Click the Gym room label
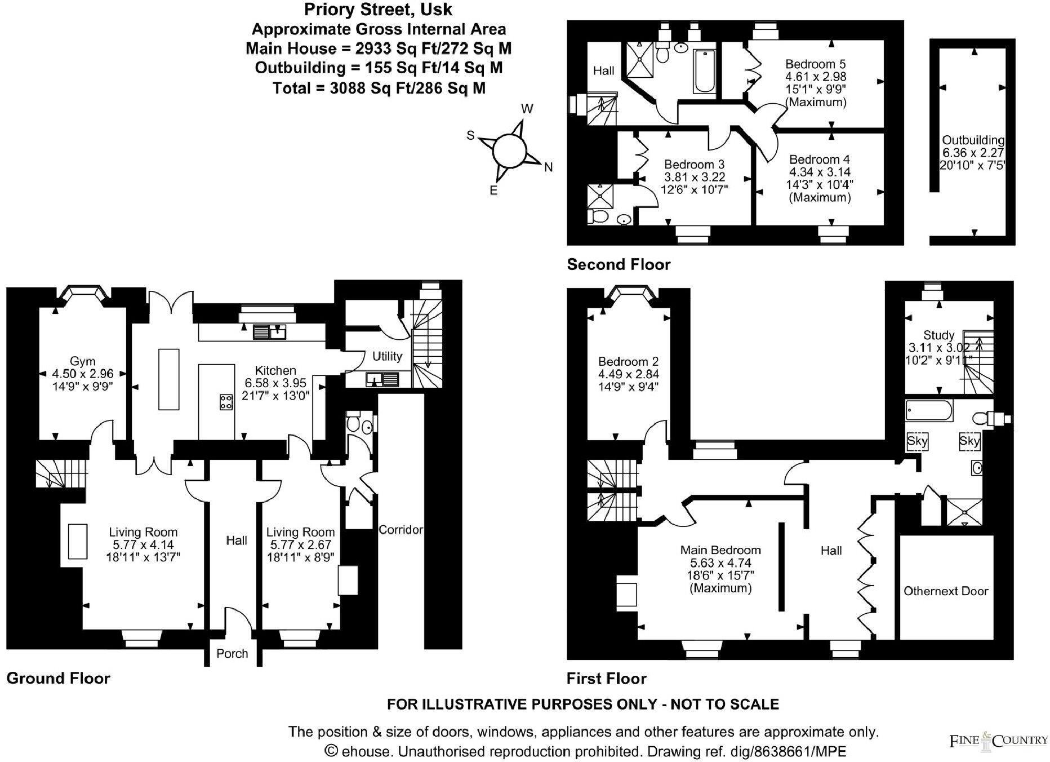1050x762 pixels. click(82, 361)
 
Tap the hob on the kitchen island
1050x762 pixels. click(226, 402)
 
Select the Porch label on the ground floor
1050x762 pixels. click(232, 653)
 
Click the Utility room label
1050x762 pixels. click(387, 356)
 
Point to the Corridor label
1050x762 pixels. click(401, 530)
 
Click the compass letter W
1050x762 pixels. click(527, 109)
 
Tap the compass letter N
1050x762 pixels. click(548, 167)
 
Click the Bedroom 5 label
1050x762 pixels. click(816, 64)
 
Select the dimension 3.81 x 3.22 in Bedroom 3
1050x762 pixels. click(694, 177)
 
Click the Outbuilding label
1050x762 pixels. click(973, 140)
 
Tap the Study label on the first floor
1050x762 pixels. click(938, 335)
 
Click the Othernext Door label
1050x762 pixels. click(946, 591)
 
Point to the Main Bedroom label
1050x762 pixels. click(720, 550)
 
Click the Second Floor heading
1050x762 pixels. click(619, 264)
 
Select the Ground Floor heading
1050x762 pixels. click(58, 678)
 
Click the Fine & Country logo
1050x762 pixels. click(998, 740)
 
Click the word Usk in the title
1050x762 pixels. click(441, 10)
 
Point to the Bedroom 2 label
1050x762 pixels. click(628, 361)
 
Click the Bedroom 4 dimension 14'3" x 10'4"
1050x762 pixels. click(820, 185)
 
